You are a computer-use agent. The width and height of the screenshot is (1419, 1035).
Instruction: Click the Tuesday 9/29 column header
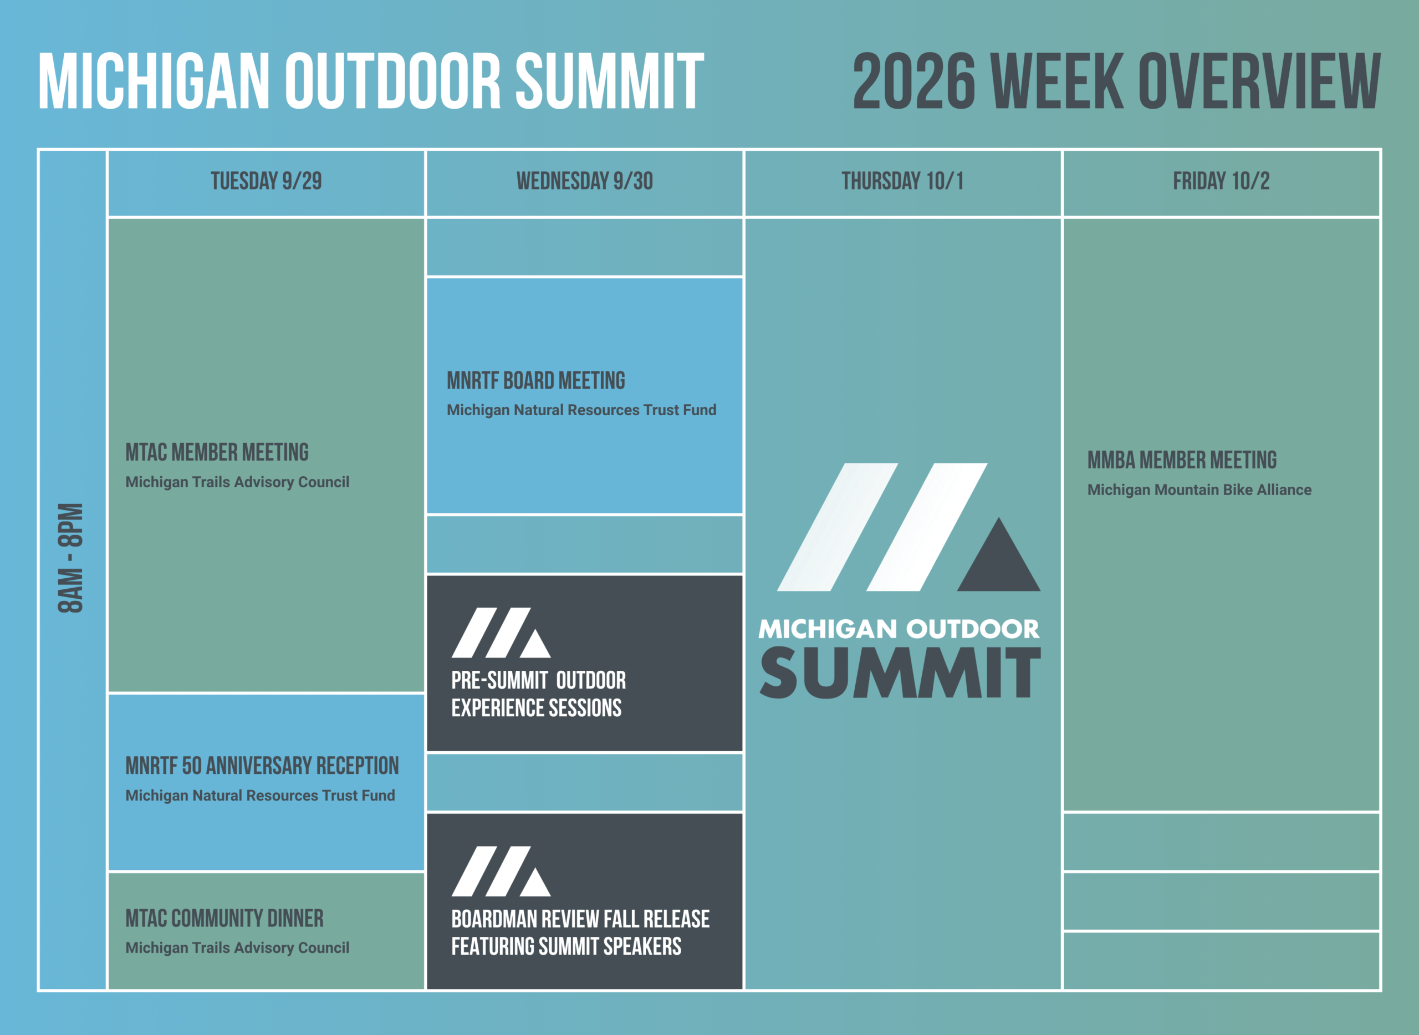point(266,181)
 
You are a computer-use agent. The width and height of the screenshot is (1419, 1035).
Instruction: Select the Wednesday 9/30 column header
point(585,181)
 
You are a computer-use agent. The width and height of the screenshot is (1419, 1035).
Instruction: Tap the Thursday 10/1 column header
point(902,181)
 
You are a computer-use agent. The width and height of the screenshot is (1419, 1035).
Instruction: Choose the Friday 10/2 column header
point(1221,181)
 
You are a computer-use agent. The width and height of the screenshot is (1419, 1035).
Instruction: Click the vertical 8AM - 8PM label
point(70,558)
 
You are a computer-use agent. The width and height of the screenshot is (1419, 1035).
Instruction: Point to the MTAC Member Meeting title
point(217,452)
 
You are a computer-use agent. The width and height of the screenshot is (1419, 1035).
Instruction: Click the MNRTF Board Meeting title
point(535,380)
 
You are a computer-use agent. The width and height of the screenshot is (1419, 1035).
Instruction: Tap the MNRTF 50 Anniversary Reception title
point(262,766)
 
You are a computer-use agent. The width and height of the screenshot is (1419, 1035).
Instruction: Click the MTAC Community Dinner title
point(224,919)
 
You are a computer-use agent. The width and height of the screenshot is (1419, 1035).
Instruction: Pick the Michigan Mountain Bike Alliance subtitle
point(1199,490)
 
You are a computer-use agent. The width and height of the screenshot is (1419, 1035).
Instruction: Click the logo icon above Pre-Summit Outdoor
point(501,632)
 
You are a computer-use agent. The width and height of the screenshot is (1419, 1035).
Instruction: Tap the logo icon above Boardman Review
point(501,871)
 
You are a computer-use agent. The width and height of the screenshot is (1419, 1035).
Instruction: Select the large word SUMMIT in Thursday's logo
point(900,673)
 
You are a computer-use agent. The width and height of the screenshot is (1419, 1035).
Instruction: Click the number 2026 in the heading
point(914,81)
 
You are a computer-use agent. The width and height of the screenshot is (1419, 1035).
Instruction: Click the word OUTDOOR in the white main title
point(394,81)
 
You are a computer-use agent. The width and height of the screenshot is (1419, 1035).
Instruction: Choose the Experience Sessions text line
point(536,708)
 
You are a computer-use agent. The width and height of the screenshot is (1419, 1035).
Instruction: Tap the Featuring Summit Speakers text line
point(566,947)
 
